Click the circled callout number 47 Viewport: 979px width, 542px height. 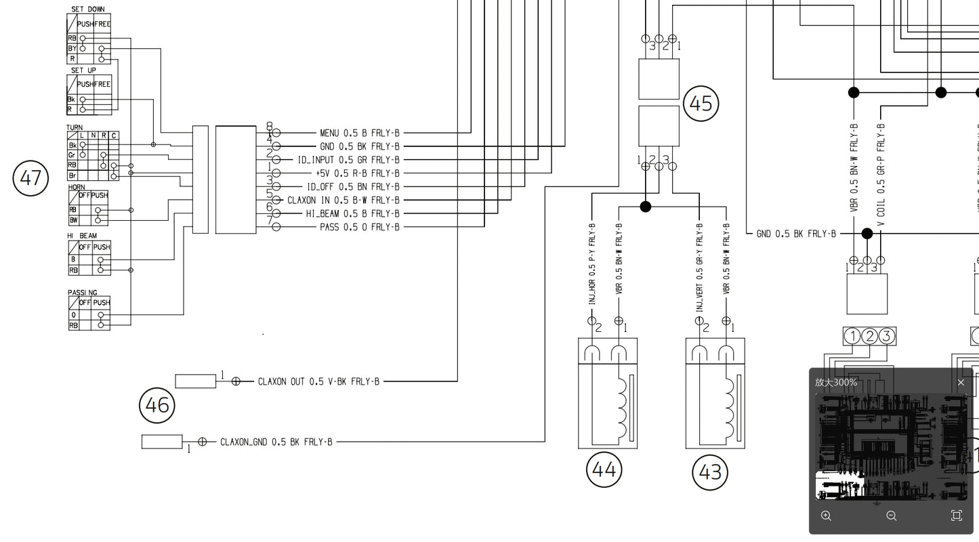click(x=31, y=179)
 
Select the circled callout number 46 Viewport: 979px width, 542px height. click(x=157, y=405)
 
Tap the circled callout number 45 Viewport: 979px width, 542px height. click(x=701, y=104)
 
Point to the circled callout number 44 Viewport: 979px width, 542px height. click(x=604, y=469)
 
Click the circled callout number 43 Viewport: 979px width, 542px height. click(x=710, y=472)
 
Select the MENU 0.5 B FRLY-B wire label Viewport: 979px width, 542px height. click(x=359, y=133)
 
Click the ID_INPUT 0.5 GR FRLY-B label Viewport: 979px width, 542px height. click(x=348, y=160)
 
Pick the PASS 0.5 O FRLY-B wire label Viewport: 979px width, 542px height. click(x=359, y=227)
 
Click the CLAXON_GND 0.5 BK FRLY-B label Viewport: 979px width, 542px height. click(x=276, y=442)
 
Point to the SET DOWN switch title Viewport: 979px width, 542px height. click(x=88, y=9)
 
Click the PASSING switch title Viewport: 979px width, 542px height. click(x=82, y=292)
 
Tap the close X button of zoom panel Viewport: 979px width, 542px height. click(x=960, y=382)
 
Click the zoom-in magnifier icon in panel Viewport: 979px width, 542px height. click(x=826, y=516)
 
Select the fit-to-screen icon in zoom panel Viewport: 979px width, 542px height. click(x=956, y=516)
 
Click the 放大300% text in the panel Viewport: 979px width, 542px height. click(x=836, y=382)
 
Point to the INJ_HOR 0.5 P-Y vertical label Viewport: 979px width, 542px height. click(x=591, y=266)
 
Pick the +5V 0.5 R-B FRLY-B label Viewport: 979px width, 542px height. click(x=357, y=173)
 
